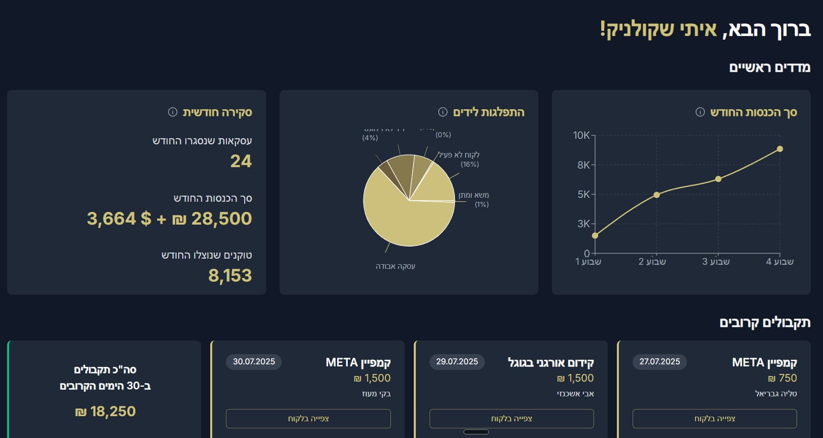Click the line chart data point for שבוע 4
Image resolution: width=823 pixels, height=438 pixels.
tap(780, 149)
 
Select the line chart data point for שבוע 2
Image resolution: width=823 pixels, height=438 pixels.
tap(656, 195)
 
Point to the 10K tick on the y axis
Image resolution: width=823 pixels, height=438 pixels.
tap(582, 135)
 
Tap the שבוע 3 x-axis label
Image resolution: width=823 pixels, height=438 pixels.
tap(716, 262)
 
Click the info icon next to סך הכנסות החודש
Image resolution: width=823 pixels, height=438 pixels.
tap(700, 112)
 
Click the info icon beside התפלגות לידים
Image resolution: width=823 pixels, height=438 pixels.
tap(443, 112)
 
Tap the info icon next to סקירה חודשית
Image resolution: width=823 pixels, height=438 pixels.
tap(173, 112)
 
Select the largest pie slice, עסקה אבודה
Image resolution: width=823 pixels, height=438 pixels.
tap(401, 218)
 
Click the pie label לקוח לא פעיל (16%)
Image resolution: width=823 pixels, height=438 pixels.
tap(460, 159)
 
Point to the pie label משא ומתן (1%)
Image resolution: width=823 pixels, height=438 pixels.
tap(474, 199)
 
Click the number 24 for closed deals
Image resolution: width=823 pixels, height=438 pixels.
tap(241, 161)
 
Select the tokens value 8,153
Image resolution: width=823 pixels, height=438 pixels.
tap(230, 275)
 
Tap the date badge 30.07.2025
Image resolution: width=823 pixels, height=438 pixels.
tap(254, 362)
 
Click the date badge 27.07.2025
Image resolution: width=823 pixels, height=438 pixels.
tap(660, 362)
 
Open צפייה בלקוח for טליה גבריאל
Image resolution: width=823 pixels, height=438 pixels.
tap(714, 419)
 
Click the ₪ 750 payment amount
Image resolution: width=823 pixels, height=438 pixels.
tap(782, 378)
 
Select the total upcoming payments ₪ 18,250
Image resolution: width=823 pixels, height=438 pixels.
tap(105, 411)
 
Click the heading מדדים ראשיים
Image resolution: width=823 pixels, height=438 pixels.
tap(769, 67)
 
